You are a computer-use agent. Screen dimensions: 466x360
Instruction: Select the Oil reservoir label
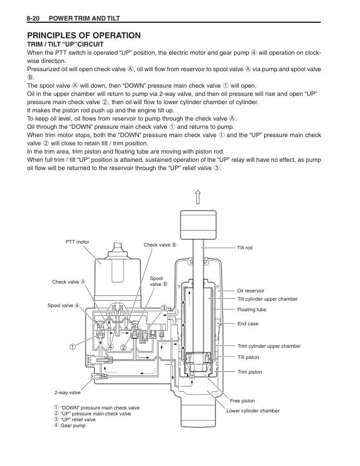click(251, 291)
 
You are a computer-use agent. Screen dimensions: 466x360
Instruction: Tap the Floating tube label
click(251, 309)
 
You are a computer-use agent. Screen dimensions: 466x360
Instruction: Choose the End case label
click(248, 324)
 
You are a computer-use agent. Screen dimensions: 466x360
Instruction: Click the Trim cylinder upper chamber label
click(269, 346)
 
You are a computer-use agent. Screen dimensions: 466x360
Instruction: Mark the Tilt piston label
click(248, 357)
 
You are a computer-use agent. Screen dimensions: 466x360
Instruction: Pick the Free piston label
click(251, 401)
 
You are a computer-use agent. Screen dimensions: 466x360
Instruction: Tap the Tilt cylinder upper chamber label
click(268, 299)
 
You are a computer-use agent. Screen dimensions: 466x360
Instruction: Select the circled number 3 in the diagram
click(164, 308)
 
